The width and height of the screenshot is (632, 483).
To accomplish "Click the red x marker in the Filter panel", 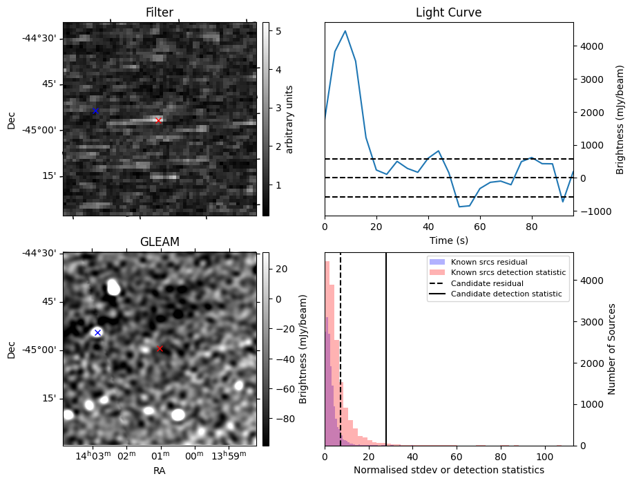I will click(158, 121).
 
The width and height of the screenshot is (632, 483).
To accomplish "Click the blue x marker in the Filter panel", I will click(96, 111).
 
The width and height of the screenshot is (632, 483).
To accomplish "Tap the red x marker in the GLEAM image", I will click(160, 349).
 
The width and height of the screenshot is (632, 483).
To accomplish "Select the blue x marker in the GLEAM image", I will click(97, 333).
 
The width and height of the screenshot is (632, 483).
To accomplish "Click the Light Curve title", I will click(448, 13).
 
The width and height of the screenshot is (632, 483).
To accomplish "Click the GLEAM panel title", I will click(160, 242).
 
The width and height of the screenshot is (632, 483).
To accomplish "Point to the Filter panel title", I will click(160, 13).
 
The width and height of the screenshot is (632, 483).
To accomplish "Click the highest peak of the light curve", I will click(345, 31).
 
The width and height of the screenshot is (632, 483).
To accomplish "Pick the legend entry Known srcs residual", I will click(489, 262).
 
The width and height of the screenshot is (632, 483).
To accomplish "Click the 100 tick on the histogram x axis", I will click(545, 456).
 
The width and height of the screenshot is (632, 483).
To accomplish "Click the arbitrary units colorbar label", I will click(289, 119).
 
